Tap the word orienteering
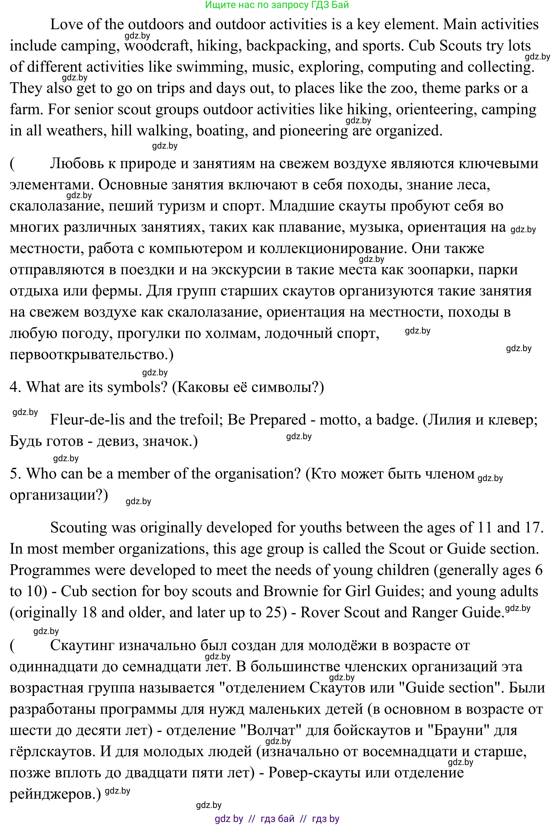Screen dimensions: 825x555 click(434, 110)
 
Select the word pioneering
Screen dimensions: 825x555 click(314, 131)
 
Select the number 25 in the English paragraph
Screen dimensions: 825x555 click(273, 613)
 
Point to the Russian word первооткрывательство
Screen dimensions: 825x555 click(89, 355)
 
